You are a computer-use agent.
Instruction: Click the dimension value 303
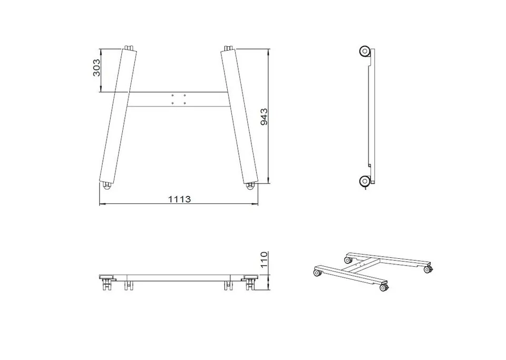pos(96,67)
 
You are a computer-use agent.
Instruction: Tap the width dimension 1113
pos(179,199)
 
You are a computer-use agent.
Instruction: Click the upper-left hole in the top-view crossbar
pos(173,95)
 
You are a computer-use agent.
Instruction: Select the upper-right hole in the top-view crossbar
pos(184,95)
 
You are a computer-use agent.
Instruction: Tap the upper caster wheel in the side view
pos(364,52)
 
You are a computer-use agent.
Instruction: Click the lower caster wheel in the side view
pos(364,181)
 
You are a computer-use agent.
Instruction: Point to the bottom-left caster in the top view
pos(107,186)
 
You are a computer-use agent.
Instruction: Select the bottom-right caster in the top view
pos(250,186)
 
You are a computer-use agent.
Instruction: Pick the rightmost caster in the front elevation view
pos(250,285)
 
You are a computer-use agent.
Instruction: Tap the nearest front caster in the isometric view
pos(383,288)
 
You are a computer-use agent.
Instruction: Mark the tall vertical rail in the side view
pos(372,116)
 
